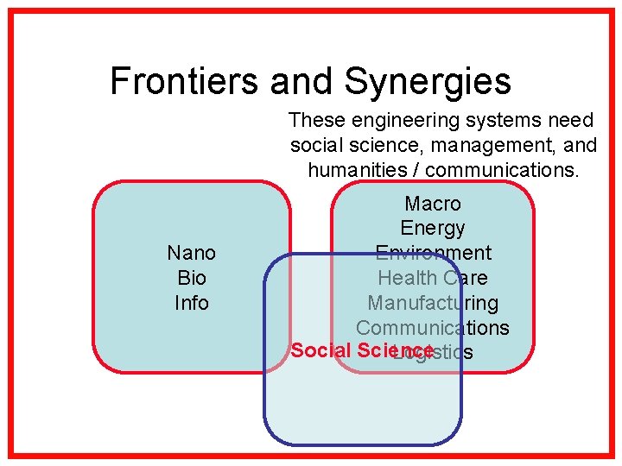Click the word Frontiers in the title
[185, 82]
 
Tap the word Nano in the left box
[191, 253]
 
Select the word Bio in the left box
[191, 278]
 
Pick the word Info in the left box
[191, 303]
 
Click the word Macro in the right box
[433, 204]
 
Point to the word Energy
[433, 229]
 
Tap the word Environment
[433, 253]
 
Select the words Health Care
[433, 278]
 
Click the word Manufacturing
[433, 303]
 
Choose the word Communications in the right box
[433, 328]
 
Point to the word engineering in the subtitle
[397, 121]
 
